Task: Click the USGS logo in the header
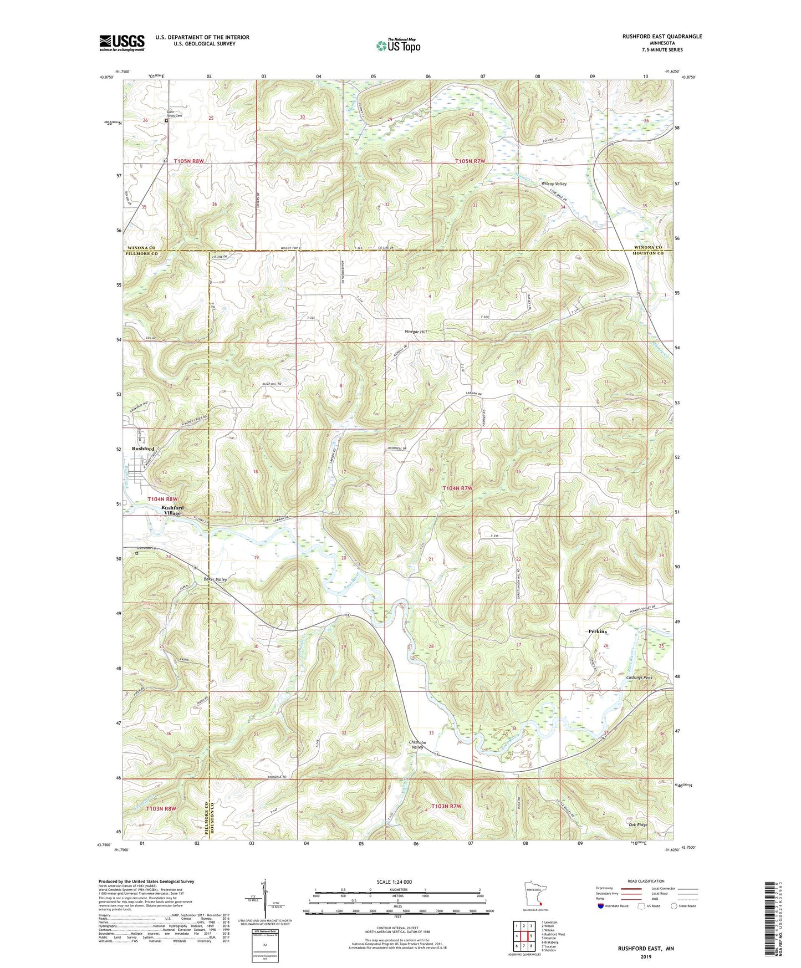122,43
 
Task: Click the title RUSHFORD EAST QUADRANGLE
654,37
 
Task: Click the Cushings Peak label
639,678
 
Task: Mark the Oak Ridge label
638,824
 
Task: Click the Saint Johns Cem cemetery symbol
166,119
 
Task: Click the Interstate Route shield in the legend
601,906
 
